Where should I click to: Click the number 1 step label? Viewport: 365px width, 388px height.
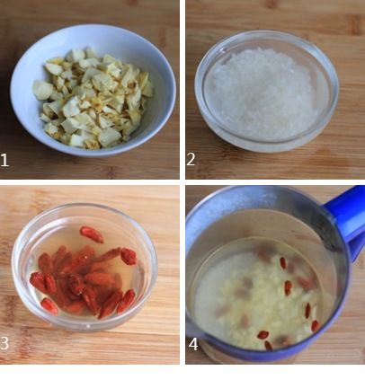pyautogui.click(x=4, y=160)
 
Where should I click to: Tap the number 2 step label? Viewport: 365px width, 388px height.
pyautogui.click(x=191, y=159)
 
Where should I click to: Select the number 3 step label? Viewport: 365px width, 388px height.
pyautogui.click(x=4, y=343)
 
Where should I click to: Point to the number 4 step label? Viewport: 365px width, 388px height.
pyautogui.click(x=193, y=344)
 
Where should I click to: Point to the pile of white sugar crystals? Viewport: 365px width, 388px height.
pyautogui.click(x=262, y=93)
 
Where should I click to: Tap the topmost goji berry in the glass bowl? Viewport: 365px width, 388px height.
pyautogui.click(x=92, y=234)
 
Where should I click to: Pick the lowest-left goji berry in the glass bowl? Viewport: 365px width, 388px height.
pyautogui.click(x=49, y=306)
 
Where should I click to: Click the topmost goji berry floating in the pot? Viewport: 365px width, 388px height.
pyautogui.click(x=283, y=263)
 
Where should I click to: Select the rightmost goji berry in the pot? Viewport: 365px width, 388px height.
pyautogui.click(x=315, y=326)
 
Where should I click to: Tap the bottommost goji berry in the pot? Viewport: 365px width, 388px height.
pyautogui.click(x=268, y=345)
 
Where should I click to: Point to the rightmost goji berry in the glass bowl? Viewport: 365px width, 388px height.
pyautogui.click(x=129, y=256)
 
